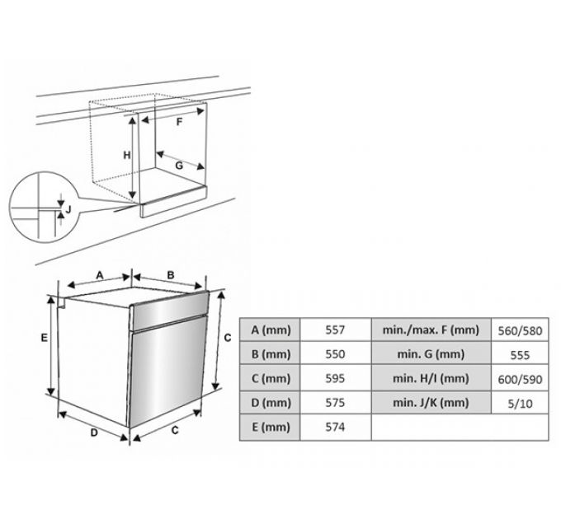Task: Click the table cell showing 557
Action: coord(335,330)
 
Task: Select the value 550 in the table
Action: coord(335,354)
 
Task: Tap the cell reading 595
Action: coord(335,378)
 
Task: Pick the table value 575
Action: coord(335,403)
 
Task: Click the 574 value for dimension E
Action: coord(335,427)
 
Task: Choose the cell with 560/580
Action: coord(520,331)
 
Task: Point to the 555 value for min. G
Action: coord(520,355)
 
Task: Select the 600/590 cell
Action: coord(520,379)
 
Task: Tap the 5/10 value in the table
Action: coord(520,404)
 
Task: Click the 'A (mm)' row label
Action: coord(271,330)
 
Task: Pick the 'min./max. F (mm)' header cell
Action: coord(431,330)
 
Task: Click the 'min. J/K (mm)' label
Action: coord(431,403)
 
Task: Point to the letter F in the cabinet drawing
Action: coord(179,122)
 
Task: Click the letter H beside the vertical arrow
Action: coord(127,156)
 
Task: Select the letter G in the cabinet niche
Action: coord(179,166)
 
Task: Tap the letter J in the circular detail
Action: coord(68,208)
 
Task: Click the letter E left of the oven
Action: coord(44,338)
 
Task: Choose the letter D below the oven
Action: coord(94,433)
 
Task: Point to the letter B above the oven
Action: coord(171,275)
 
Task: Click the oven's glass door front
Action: coord(168,372)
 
